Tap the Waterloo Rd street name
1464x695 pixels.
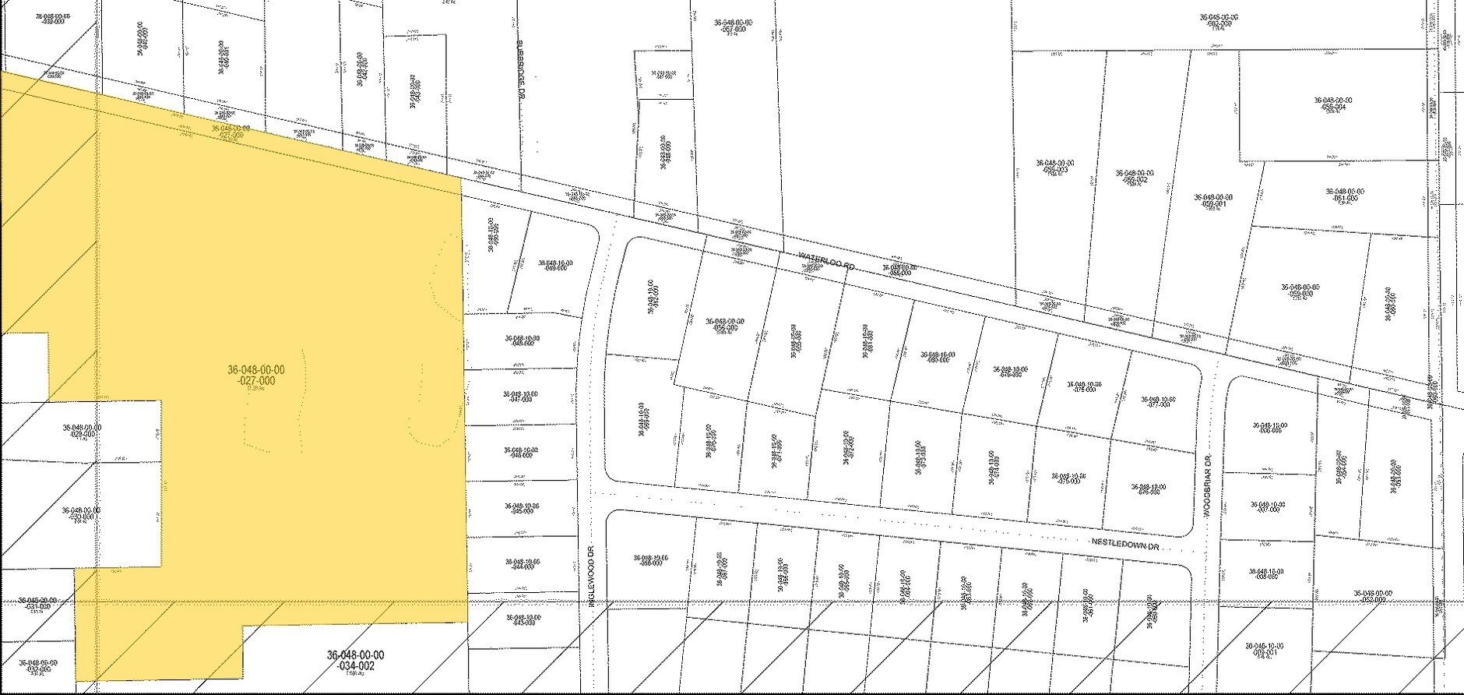[x=826, y=260]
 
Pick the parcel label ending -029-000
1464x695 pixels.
[x=81, y=431]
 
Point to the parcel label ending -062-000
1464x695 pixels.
[x=1219, y=20]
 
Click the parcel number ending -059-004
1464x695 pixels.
[x=1332, y=104]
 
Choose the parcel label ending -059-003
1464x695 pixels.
[x=1054, y=166]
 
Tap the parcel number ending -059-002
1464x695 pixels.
[x=1135, y=176]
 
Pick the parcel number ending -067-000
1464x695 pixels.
[x=734, y=26]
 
